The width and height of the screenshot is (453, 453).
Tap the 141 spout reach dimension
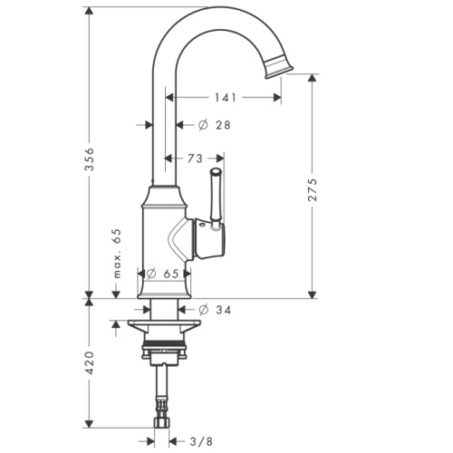pyautogui.click(x=227, y=97)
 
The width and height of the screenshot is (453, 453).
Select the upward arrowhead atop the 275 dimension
pyautogui.click(x=313, y=80)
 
